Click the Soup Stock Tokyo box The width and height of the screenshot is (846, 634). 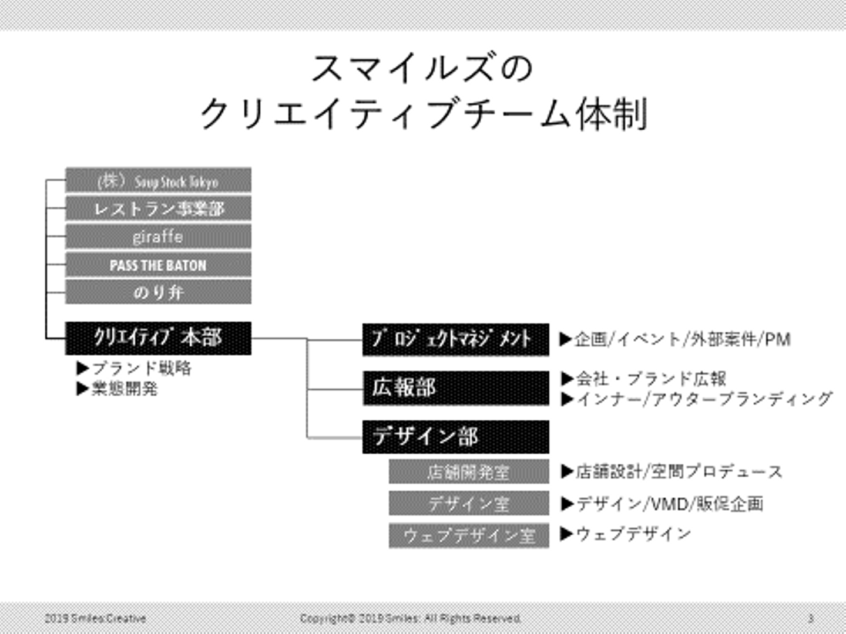coord(158,180)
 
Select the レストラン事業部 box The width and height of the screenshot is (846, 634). coord(158,208)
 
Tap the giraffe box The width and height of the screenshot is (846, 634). coord(158,237)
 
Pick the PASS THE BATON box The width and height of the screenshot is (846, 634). coord(158,265)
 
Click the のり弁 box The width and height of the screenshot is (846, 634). coord(158,292)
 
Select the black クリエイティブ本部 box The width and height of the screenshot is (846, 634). coord(158,338)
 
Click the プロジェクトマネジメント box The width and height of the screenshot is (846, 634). coord(455,339)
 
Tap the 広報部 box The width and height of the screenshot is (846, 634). coord(455,388)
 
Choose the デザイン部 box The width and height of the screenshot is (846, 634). coord(455,437)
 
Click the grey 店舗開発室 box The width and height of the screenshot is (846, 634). coord(469,471)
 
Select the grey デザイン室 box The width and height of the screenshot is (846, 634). coord(469,503)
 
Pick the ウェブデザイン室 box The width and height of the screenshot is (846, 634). coord(469,535)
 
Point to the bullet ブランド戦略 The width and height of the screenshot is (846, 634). coord(135,368)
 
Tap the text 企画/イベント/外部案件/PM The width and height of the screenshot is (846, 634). coord(676,339)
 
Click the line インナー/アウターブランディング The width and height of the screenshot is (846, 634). coord(697,399)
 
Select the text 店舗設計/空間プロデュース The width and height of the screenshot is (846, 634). coord(672,471)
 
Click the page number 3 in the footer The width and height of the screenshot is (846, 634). coord(811,618)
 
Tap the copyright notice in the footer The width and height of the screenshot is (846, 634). coord(411,618)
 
